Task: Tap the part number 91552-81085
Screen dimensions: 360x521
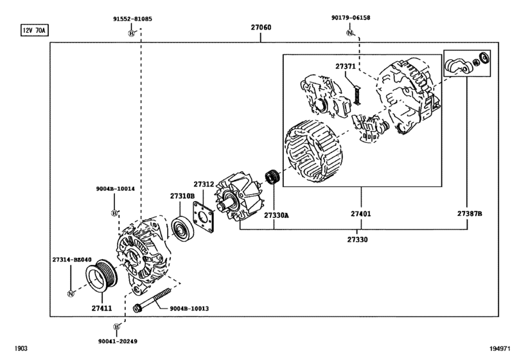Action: [x=132, y=19]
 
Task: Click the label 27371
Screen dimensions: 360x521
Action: [x=345, y=66]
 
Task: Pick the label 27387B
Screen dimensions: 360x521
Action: [x=470, y=213]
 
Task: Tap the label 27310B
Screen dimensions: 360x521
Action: [x=182, y=195]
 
